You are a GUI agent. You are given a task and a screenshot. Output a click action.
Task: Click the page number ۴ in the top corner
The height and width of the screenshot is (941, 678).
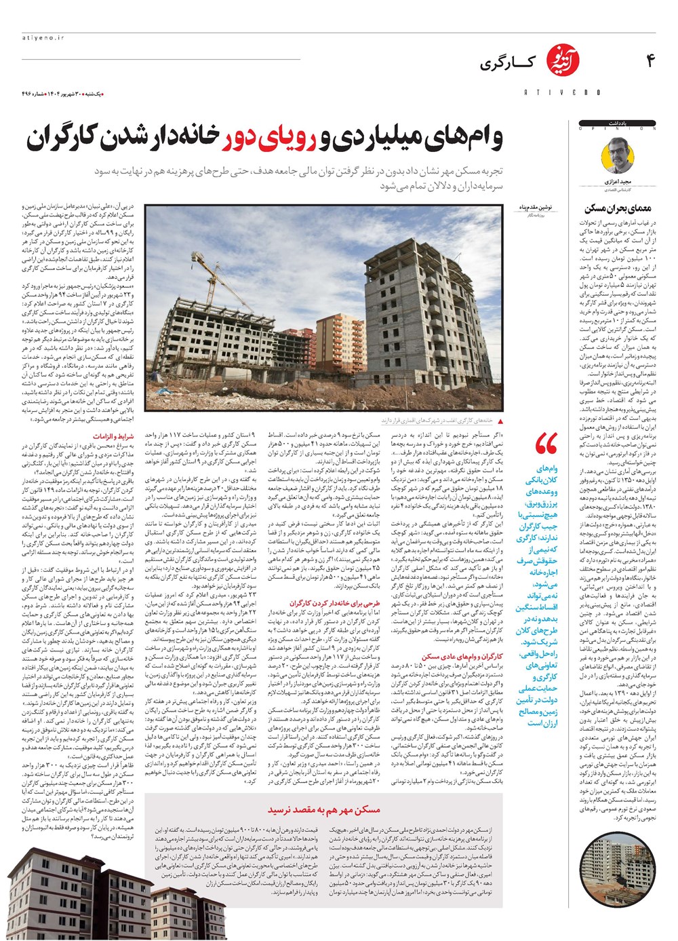pos(650,62)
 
